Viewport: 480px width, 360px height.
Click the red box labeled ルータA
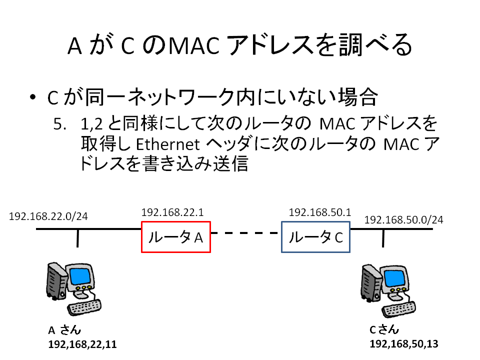pos(176,237)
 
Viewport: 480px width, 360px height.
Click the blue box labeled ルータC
pos(316,237)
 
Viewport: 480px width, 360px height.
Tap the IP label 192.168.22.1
pos(172,212)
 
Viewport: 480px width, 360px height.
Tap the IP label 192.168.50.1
pos(319,212)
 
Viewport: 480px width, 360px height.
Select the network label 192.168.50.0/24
pos(403,219)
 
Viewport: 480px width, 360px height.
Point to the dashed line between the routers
pos(245,233)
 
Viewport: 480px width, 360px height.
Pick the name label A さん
pos(64,330)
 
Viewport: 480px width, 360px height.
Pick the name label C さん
pos(384,330)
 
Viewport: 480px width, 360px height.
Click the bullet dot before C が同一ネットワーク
pos(33,98)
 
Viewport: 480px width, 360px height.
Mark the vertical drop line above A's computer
pos(77,238)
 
